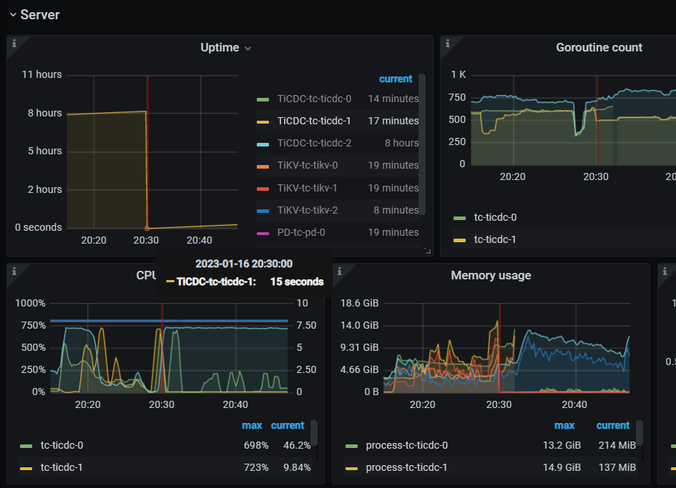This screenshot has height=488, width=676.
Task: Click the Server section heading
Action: coord(40,14)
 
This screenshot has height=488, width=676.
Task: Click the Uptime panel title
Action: coord(220,48)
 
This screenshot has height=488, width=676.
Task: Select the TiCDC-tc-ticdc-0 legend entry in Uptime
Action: coord(314,99)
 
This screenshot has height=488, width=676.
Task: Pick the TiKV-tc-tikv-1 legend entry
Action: coord(307,188)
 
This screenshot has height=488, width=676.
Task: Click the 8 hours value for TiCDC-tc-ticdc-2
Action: coord(401,143)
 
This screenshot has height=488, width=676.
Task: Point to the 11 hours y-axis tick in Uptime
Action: coord(41,74)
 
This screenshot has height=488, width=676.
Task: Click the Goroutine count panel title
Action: coord(599,48)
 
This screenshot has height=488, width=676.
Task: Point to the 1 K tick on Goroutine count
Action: coord(458,74)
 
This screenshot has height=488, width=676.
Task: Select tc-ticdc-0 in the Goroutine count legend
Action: coord(495,217)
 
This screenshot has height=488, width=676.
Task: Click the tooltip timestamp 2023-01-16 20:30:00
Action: coord(244,264)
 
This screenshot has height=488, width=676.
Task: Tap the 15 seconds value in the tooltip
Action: coord(296,282)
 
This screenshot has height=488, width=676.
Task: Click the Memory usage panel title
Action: coord(491,275)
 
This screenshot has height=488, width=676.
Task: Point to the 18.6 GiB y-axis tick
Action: coord(360,303)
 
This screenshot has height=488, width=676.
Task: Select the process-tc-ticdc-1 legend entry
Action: coord(406,467)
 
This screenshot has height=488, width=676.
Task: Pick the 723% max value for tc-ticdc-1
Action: coord(255,467)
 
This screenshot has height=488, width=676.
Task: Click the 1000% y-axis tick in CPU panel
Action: coord(30,303)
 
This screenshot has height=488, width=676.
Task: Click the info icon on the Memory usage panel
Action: coord(339,271)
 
